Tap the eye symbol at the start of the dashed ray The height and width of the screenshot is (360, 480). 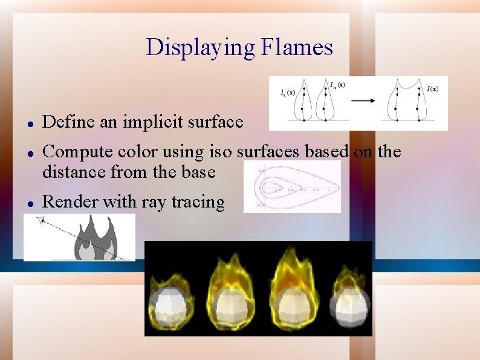click(x=41, y=221)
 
